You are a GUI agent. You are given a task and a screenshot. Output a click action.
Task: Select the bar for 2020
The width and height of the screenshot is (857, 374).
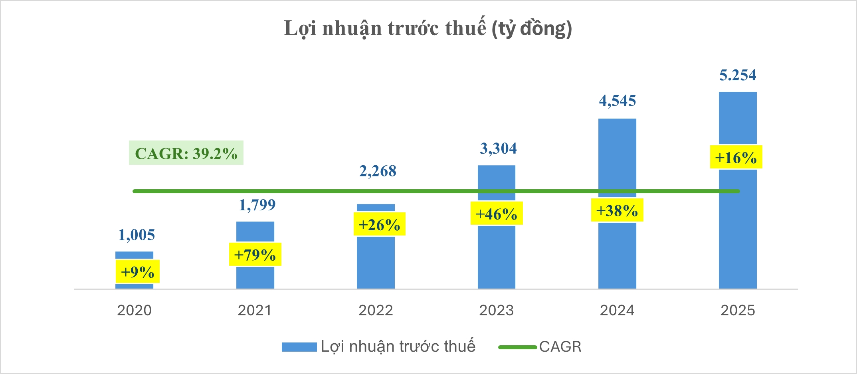pos(134,255)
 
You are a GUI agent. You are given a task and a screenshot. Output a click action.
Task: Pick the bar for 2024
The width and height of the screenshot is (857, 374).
pos(617,160)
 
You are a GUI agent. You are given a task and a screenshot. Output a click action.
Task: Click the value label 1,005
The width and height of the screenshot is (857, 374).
pos(137,235)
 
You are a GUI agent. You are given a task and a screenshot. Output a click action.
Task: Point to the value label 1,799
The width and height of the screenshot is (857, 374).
pos(257,205)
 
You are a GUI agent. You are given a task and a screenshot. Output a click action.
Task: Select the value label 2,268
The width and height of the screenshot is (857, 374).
pos(378,171)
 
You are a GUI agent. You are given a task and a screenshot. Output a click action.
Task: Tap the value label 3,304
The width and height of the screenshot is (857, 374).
pos(498,148)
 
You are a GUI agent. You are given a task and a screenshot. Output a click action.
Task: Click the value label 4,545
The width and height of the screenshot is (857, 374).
pos(618,101)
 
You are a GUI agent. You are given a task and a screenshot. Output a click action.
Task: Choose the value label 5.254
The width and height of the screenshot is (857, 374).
pos(738,75)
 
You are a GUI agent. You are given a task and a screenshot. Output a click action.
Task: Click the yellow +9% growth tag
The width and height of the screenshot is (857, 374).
pos(138,272)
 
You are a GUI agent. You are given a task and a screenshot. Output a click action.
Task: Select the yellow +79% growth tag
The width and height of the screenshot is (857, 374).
pos(255,255)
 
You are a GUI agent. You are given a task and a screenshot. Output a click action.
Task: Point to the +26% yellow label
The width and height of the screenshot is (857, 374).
pos(379,225)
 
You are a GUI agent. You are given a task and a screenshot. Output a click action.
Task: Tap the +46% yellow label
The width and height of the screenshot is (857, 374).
pos(496,214)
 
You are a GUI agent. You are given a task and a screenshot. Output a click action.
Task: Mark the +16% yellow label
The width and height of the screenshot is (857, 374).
pos(736,157)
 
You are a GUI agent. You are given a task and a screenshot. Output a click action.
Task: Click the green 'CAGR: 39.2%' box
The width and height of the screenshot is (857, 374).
pos(186,153)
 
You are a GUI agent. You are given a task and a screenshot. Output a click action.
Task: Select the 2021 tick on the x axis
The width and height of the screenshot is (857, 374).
pos(255,310)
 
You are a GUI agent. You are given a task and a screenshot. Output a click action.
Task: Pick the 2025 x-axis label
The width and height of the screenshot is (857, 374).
pos(738,310)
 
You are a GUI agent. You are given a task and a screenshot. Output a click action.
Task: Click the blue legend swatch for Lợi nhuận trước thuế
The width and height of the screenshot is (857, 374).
pos(299,347)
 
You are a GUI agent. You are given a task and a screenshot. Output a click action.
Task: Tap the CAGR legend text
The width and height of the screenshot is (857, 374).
pos(560,347)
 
